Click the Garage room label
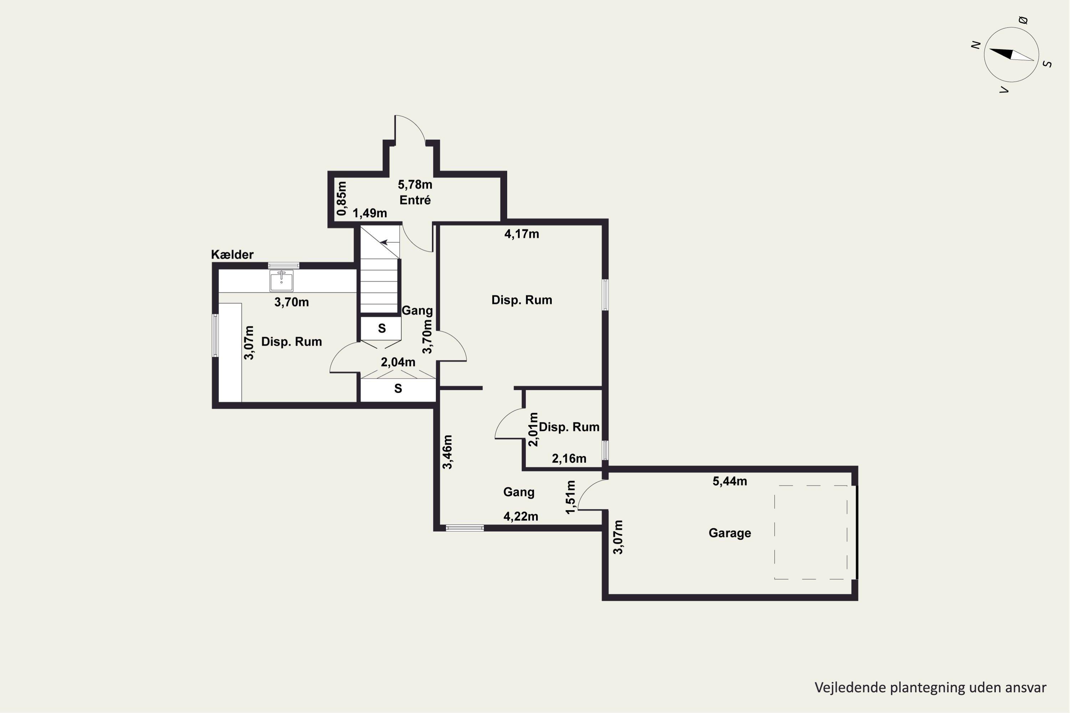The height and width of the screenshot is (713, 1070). click(730, 533)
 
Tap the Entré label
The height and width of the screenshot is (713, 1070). click(415, 200)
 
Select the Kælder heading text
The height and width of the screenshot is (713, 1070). click(232, 255)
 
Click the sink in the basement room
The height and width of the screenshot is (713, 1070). click(281, 281)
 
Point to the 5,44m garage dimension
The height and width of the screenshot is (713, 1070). click(730, 481)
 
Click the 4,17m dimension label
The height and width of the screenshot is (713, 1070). click(522, 234)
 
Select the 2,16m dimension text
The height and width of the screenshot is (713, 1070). click(569, 458)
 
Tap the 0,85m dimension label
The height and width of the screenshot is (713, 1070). click(342, 199)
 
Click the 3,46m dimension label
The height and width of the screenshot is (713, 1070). click(448, 452)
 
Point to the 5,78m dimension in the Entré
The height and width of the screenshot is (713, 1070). click(415, 185)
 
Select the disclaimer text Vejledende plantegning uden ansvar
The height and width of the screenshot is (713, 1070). click(930, 688)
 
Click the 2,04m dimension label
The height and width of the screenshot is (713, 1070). click(398, 363)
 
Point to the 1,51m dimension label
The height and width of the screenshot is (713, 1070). click(570, 497)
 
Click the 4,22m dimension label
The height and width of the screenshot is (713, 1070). click(521, 517)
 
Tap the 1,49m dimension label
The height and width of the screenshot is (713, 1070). click(370, 213)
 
